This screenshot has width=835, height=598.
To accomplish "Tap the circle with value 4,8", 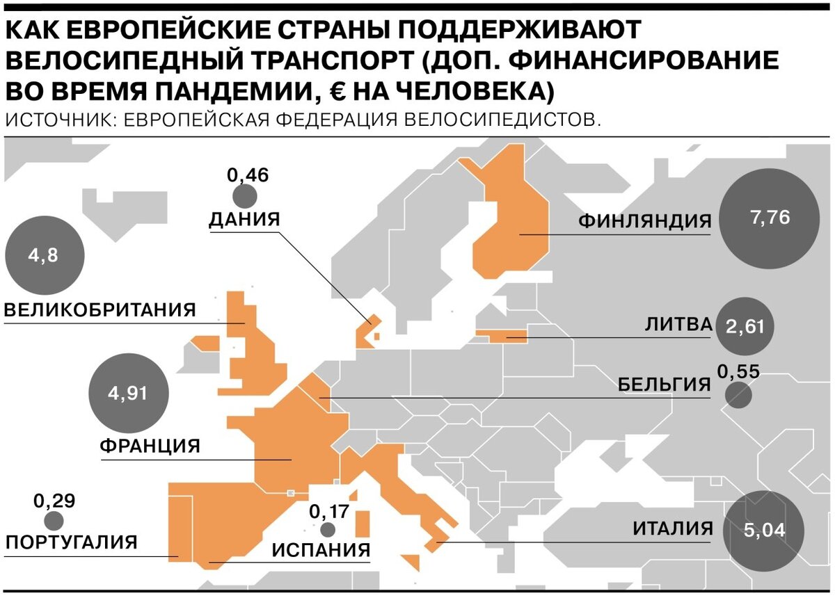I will (44, 255).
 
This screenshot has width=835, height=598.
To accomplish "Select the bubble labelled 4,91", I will (129, 394).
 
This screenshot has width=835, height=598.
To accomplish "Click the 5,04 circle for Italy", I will (764, 531).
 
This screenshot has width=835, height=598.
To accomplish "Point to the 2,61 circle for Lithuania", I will (744, 325).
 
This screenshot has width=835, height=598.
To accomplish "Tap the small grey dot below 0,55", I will (738, 396).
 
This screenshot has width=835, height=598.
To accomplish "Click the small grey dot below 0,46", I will (244, 197).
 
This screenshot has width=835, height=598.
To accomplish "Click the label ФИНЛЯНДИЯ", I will (645, 222).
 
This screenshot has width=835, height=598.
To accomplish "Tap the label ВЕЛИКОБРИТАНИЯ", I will (101, 309).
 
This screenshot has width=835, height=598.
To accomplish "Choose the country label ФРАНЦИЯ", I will (150, 446).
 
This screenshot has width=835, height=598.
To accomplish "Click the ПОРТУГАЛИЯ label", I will (71, 542).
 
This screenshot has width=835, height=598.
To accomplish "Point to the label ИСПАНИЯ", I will (321, 551).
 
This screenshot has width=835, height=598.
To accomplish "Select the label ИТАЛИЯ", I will (672, 529).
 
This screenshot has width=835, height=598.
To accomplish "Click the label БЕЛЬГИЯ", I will (664, 385).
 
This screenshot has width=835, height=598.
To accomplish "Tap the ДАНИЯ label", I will (244, 220).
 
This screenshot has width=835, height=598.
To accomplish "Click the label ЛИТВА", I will (678, 325).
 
